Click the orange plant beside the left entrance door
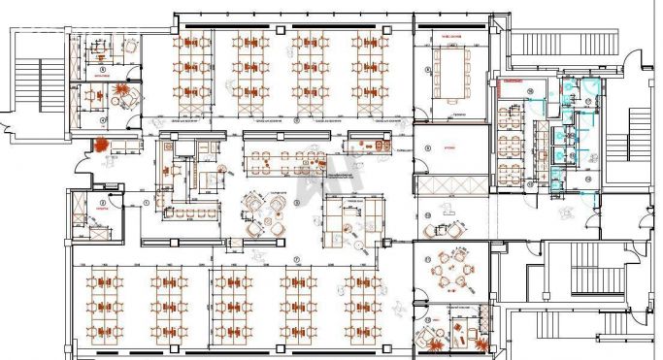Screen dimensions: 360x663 coord(99,145)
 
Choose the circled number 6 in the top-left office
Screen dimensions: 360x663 coord(102,71)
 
